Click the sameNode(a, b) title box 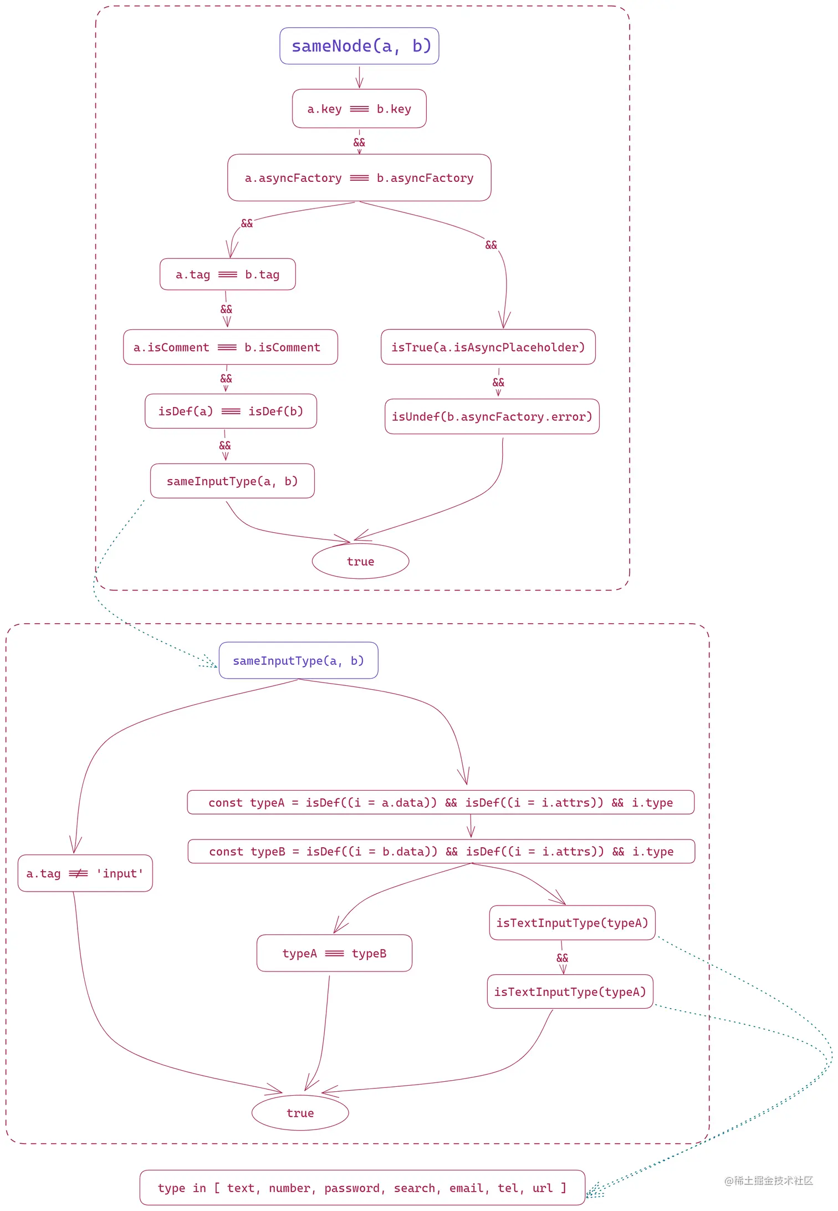point(359,46)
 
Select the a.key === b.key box point(359,109)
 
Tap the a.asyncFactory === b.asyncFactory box point(359,178)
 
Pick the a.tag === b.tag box point(227,274)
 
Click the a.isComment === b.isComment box point(230,347)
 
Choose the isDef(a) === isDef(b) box point(231,411)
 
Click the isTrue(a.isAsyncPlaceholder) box point(488,347)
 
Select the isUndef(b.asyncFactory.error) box point(492,416)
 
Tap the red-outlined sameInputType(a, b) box point(232,481)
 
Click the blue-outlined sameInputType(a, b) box point(298,660)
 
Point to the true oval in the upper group point(360,561)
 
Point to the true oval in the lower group point(300,1113)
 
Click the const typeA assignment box point(441,802)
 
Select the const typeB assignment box point(441,851)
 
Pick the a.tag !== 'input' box point(85,873)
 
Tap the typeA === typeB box point(334,953)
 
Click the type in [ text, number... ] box point(362,1188)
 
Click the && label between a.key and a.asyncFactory point(359,142)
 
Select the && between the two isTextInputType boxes point(562,958)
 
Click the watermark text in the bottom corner point(768,1181)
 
